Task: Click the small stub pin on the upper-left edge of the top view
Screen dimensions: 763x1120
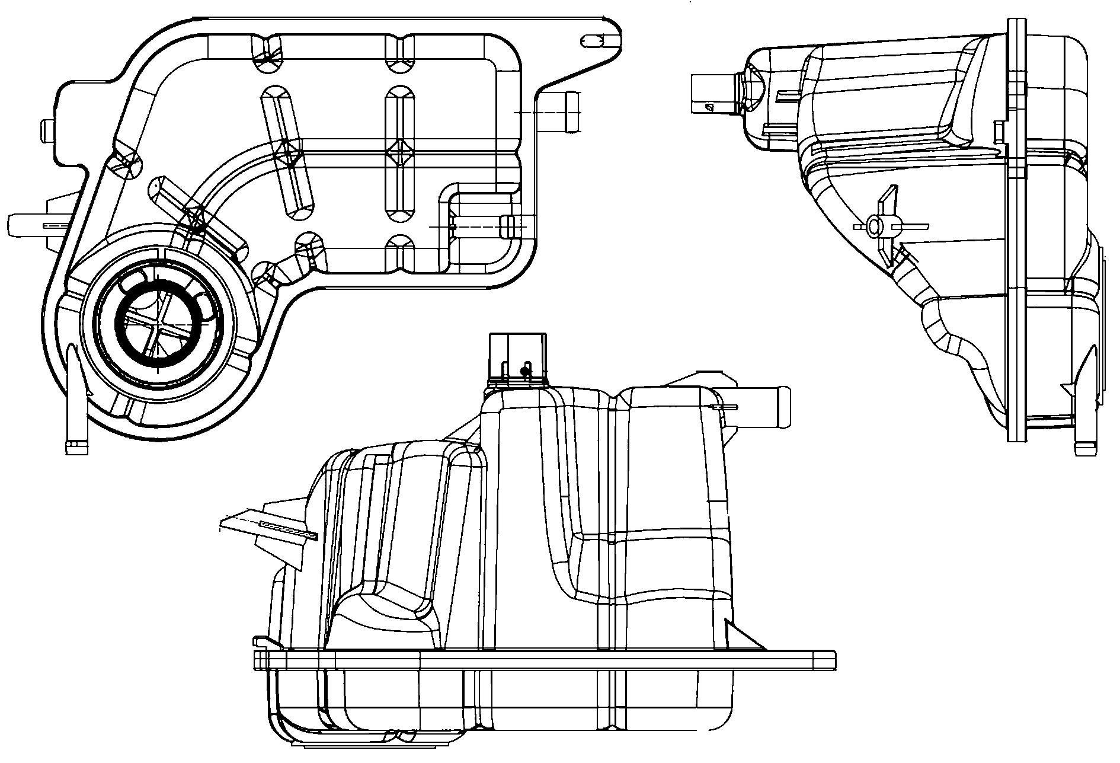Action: (48, 130)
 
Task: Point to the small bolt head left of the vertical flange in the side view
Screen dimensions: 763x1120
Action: (997, 132)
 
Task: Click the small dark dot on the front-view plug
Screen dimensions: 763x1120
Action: (524, 371)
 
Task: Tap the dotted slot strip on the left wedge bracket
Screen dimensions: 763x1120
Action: (289, 529)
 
